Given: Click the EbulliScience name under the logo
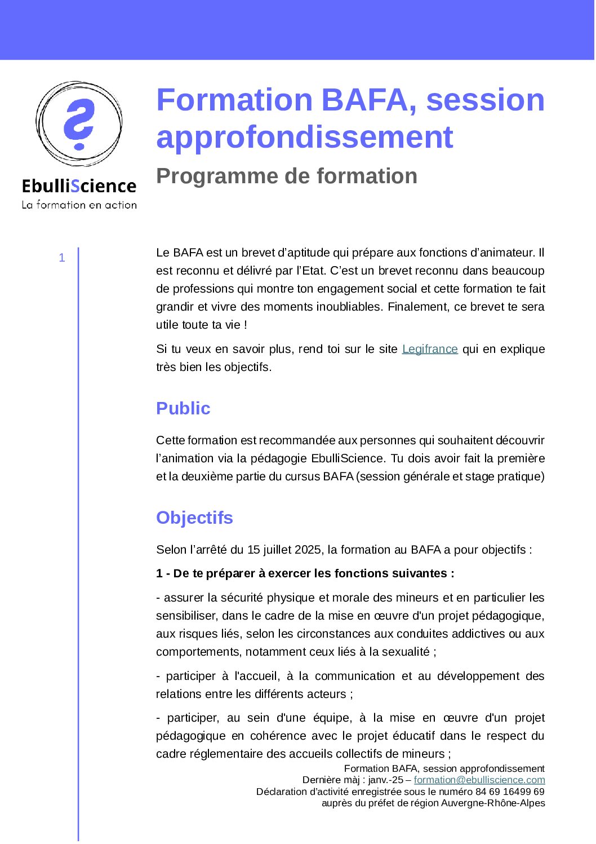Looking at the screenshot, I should click(x=79, y=186).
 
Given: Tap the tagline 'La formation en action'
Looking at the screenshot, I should click(x=79, y=205).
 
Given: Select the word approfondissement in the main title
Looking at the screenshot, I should click(x=304, y=137).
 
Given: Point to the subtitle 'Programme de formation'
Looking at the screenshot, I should click(x=286, y=176).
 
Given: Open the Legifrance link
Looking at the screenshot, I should click(x=430, y=349).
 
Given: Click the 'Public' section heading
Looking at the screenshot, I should click(x=183, y=408).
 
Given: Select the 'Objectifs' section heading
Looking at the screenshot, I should click(x=194, y=518).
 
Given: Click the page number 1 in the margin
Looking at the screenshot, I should click(x=62, y=258).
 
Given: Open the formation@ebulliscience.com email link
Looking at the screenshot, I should click(x=479, y=780).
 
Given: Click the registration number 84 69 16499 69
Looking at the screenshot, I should click(x=510, y=792).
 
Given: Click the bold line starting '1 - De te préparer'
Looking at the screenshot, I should click(x=305, y=573).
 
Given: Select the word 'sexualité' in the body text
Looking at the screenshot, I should click(x=406, y=652).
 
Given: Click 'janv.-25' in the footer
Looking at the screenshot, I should click(x=386, y=780).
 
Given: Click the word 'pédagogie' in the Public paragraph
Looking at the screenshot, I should click(x=278, y=458).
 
